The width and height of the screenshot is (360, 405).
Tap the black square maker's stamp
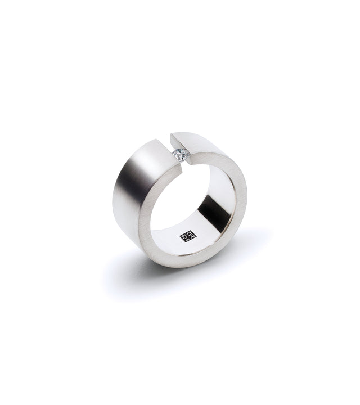(x=183, y=236)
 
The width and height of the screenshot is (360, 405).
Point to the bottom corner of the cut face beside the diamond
(x=189, y=163)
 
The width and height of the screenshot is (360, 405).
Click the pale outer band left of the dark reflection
(x=116, y=191)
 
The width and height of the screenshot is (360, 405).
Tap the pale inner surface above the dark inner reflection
(x=217, y=180)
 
